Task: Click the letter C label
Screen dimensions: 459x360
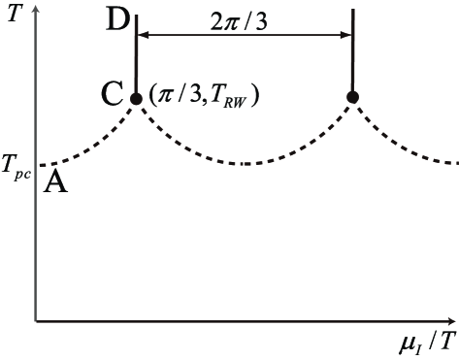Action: coord(112,95)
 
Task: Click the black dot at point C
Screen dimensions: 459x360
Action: coord(136,96)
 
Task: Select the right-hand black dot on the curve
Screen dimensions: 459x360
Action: coord(352,96)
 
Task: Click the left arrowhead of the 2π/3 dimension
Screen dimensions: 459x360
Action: coord(142,35)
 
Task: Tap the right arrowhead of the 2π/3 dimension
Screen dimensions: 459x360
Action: coord(346,35)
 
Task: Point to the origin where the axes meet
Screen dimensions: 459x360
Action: coord(36,320)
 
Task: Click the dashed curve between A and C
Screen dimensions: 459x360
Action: coord(92,142)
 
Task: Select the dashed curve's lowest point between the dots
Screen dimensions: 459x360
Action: coord(245,163)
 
